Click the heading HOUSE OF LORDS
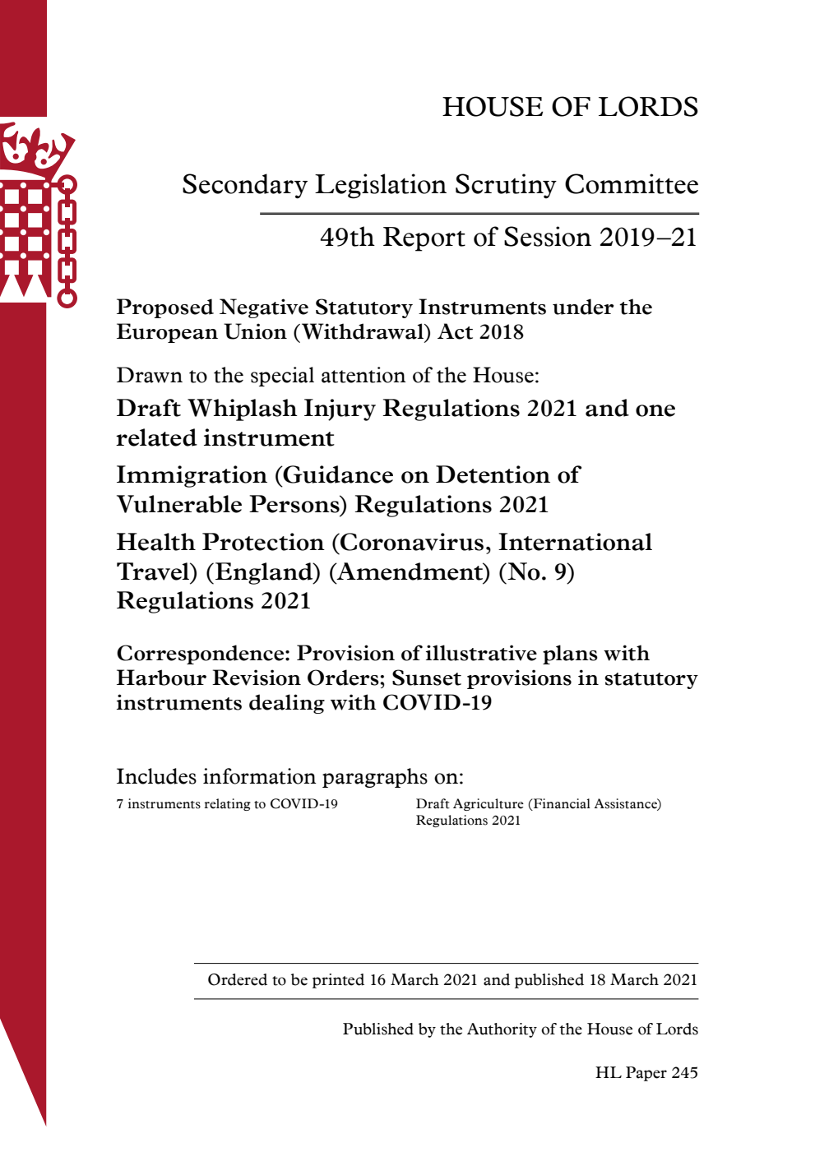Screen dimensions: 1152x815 [570, 107]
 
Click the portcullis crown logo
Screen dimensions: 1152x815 [38, 214]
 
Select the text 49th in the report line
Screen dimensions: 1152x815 [347, 238]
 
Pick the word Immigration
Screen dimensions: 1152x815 [192, 475]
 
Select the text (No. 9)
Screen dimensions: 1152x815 [536, 572]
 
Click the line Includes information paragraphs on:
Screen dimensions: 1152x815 [289, 777]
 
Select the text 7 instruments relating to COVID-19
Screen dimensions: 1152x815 [227, 804]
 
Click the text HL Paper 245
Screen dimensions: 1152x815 [646, 1073]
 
